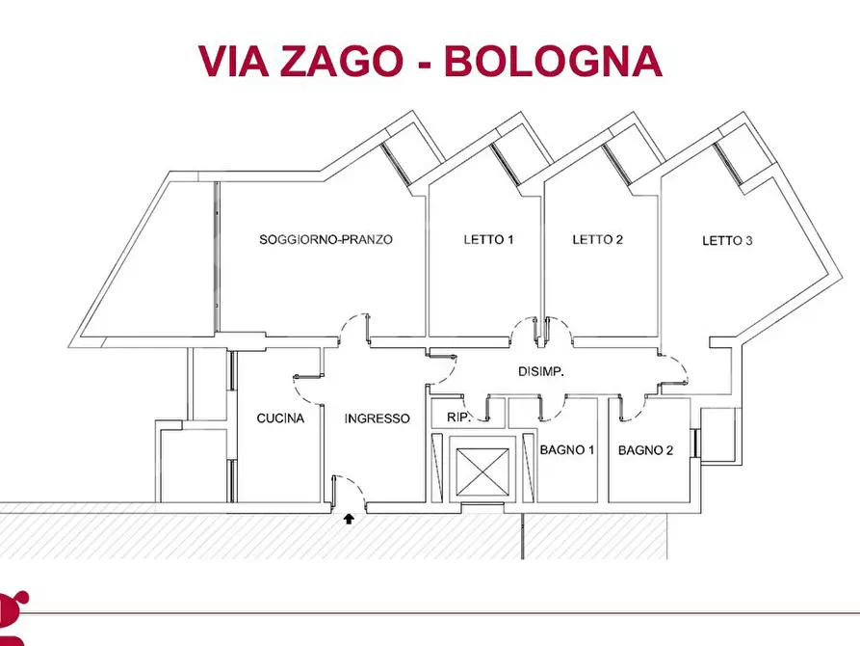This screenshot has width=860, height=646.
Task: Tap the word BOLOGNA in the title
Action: pos(554,61)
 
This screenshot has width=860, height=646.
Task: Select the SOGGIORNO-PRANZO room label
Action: pos(326,239)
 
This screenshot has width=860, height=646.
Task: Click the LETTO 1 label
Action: pos(488,239)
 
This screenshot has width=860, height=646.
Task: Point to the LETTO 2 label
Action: pos(598,239)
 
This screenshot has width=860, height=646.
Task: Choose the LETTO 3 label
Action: pos(727,240)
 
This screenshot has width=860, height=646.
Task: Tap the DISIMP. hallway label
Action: pos(541,371)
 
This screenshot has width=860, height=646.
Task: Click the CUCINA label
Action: pos(280,418)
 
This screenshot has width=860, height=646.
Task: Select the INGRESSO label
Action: pos(378,418)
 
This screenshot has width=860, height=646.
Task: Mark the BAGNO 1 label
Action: pos(568,449)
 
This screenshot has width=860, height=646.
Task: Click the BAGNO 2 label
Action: pos(645,449)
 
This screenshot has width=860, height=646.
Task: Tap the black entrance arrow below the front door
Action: pos(349,519)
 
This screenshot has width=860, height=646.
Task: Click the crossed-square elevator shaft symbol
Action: pos(478,470)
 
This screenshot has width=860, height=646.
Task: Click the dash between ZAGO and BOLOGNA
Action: pos(425,63)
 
